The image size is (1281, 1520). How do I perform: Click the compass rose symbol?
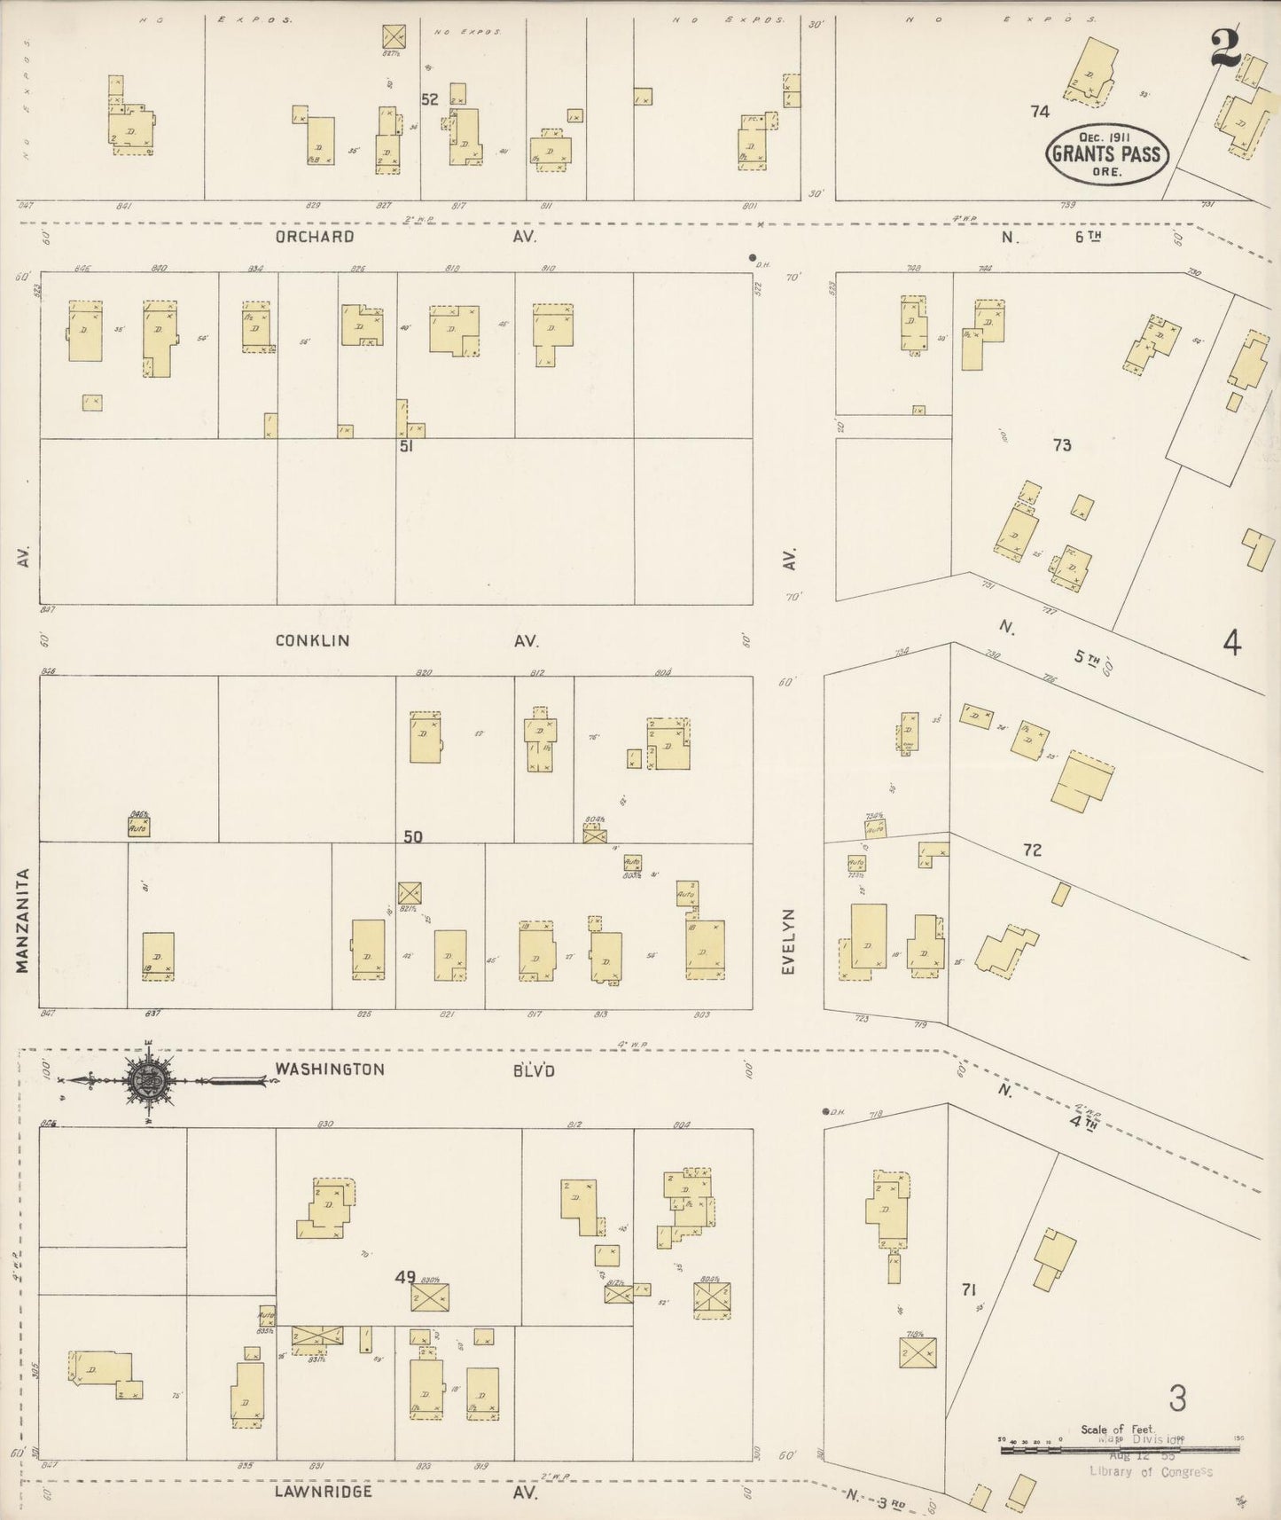pos(145,1080)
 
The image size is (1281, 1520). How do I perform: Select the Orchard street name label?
pos(314,237)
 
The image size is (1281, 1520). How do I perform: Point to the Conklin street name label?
pos(312,640)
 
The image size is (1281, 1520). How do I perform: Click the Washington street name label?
pos(329,1069)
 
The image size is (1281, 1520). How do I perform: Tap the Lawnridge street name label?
pos(323,1492)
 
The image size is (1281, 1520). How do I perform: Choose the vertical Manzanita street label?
pos(23,920)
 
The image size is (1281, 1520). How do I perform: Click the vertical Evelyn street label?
pos(788,941)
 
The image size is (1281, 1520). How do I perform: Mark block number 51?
pos(406,446)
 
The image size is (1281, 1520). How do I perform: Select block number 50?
pos(413,835)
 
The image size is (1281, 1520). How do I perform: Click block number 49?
pos(405,1277)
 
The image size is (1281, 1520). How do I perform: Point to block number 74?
pos(1040,111)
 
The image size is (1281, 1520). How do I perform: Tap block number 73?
pos(1062,445)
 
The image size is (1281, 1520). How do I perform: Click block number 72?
pos(1032,850)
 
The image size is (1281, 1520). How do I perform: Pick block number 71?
pos(967,1289)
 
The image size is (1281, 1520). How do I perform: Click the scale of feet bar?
pos(1119,1451)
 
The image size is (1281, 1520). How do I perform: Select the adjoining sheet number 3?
pos(1176,1399)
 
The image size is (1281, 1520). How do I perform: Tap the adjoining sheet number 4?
pos(1231,643)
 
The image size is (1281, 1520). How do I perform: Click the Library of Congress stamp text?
pos(1150,1471)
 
